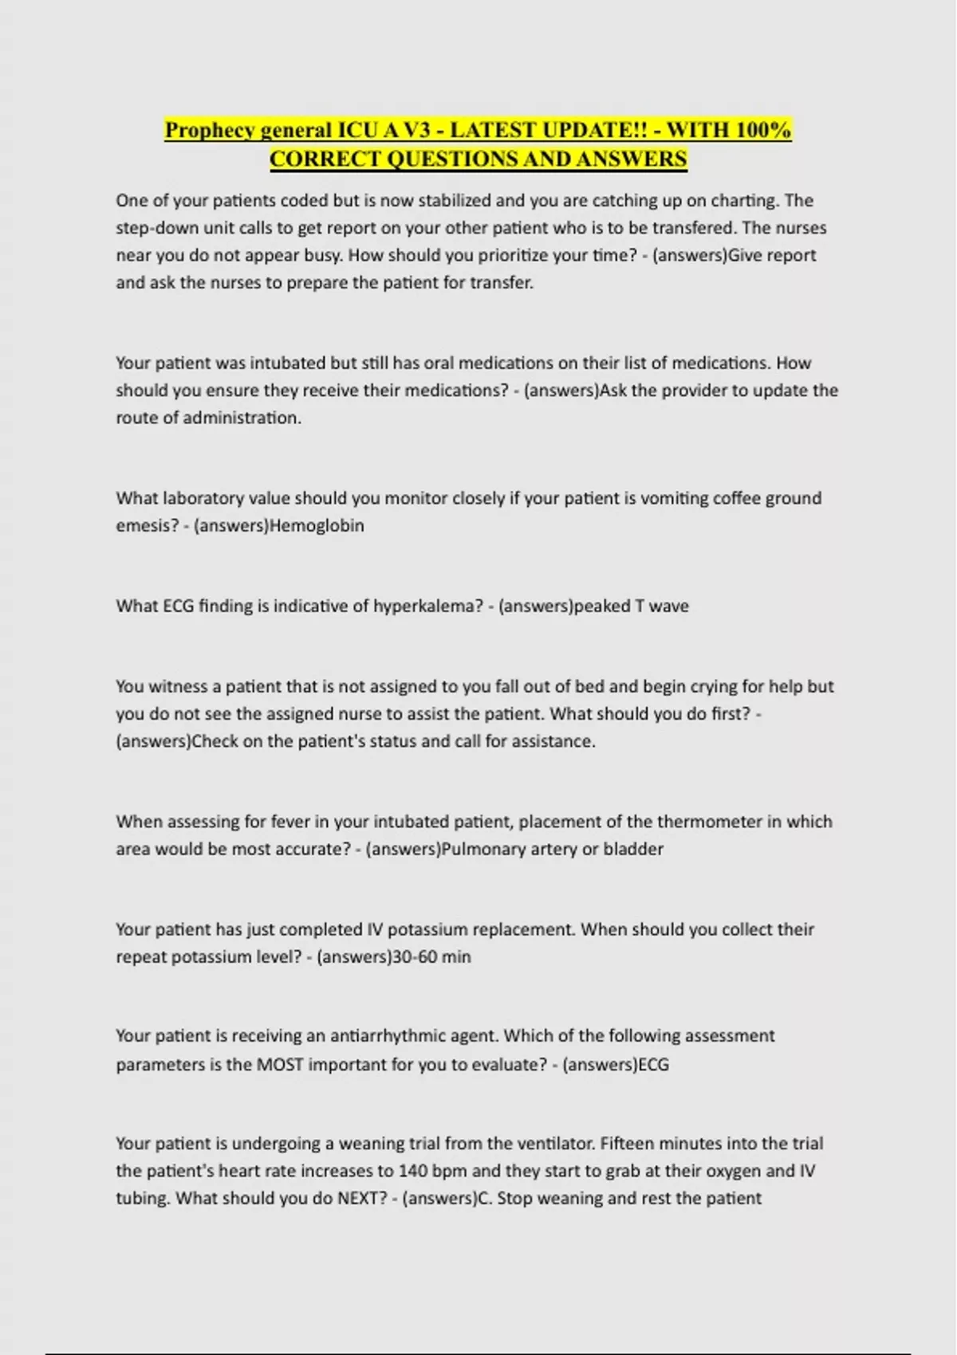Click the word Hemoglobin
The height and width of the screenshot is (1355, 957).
click(317, 526)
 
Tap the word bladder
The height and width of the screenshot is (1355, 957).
click(633, 849)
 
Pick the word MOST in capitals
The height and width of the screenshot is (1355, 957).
click(280, 1065)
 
